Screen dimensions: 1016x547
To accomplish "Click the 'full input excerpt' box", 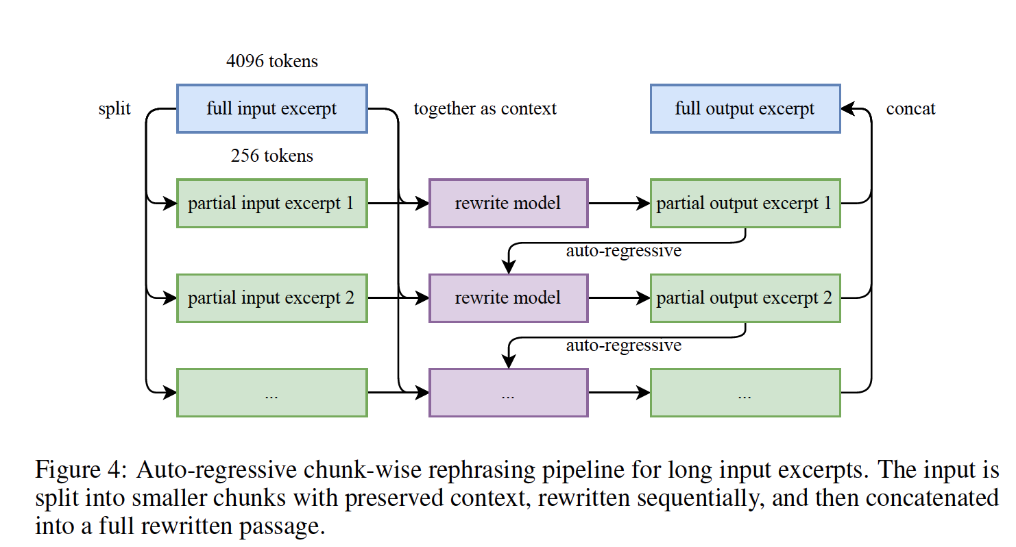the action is (x=271, y=109).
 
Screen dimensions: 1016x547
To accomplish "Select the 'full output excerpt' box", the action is (x=745, y=109).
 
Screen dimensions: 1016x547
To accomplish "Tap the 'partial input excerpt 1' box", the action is (x=271, y=203).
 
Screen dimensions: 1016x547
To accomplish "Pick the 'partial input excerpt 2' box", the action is (x=271, y=298).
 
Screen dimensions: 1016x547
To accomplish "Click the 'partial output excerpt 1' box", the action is (x=745, y=203).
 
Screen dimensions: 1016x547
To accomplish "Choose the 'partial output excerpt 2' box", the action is (x=745, y=298).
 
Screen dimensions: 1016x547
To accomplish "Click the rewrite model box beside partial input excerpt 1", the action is (x=509, y=203).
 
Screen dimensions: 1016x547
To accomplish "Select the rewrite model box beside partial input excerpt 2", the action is (x=509, y=298).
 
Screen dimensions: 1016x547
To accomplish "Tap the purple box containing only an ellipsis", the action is (x=509, y=393).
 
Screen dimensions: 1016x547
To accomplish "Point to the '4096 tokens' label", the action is (x=271, y=61).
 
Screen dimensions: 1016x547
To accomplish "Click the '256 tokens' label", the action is (x=271, y=156).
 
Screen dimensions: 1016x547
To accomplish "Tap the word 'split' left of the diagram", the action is (x=114, y=109).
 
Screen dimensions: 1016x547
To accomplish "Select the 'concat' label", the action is (x=911, y=109).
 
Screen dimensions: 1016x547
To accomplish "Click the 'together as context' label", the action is (x=485, y=109).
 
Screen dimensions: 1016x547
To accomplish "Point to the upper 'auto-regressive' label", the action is (x=624, y=251).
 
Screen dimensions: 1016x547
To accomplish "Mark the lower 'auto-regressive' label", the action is (x=624, y=345).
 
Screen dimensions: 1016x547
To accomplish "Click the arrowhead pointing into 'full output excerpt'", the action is (x=847, y=109).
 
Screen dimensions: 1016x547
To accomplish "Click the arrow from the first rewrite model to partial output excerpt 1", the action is (x=620, y=203).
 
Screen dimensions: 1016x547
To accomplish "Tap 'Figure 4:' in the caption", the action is (x=81, y=470).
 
